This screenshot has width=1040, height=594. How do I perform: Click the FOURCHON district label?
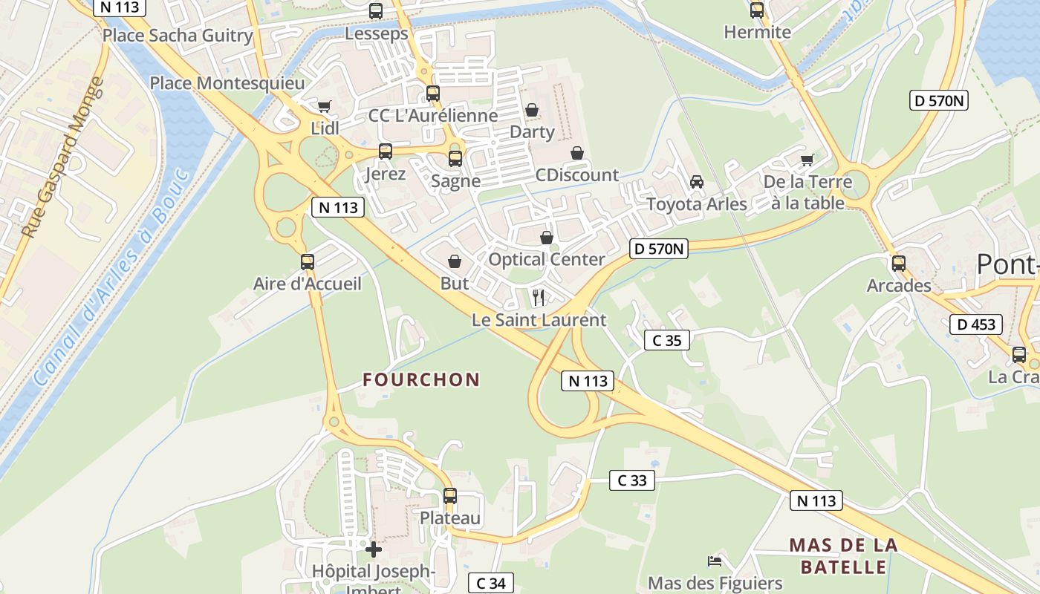coord(421,380)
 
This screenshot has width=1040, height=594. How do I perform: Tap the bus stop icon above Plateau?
coord(450,496)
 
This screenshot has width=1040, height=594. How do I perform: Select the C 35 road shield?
coord(666,340)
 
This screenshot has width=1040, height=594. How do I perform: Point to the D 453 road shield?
coord(976,324)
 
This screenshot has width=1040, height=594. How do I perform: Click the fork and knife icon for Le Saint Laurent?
coord(539,298)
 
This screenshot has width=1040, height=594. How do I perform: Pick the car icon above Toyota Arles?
coord(697,182)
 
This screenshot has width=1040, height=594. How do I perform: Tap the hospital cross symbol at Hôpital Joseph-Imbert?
coord(374,549)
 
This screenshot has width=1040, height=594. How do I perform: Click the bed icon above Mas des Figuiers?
coord(715,561)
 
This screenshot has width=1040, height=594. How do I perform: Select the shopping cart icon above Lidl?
coord(324,107)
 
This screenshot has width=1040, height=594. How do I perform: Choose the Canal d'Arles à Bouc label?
coord(111,278)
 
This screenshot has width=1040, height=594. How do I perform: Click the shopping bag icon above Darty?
coord(532,111)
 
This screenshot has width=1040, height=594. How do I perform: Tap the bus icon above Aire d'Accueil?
coord(308,262)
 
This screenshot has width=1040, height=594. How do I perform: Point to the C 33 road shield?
coord(632,480)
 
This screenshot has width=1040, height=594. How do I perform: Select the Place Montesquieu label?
coord(227,83)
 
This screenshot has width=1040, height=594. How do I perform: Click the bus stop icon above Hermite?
coord(757,10)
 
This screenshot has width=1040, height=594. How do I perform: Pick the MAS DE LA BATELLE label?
coord(843,556)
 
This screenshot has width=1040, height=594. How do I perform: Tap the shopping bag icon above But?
coord(455,261)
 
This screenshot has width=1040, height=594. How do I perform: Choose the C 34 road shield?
coord(490,584)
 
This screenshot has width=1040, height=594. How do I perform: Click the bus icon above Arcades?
coord(899,264)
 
